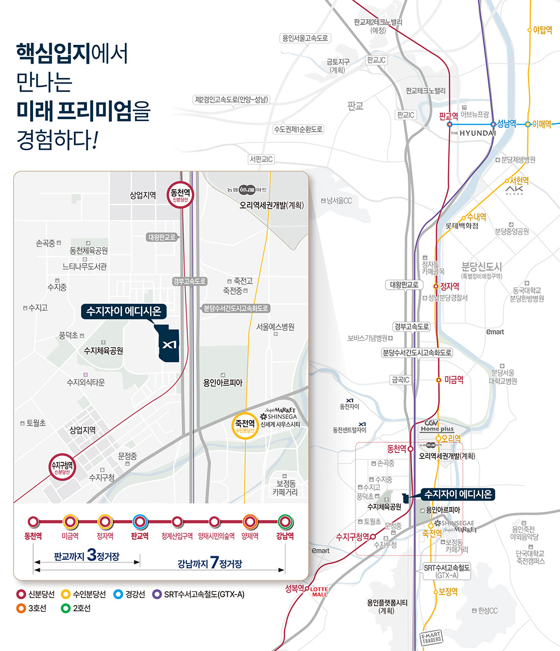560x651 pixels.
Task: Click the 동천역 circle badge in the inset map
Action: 180,195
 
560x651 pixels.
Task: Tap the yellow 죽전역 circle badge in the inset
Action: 245,426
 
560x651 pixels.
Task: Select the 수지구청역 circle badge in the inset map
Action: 62,467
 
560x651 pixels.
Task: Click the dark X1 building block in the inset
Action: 169,344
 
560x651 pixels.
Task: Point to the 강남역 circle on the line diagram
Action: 285,522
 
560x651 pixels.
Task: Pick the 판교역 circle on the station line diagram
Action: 139,522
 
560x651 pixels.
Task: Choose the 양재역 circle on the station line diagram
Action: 250,522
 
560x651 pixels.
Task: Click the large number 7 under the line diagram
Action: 214,562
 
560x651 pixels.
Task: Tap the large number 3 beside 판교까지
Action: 92,554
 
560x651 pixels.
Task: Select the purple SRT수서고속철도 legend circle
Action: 157,594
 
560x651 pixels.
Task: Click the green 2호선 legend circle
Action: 66,608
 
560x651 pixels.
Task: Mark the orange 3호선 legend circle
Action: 21,608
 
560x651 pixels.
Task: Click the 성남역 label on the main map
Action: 507,124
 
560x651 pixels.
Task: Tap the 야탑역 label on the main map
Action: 543,30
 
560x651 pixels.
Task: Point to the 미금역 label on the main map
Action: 454,380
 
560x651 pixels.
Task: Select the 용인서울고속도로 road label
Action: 305,38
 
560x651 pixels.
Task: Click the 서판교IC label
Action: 261,159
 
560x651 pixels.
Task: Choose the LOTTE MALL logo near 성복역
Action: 319,591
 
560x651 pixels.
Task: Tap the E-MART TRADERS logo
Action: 432,637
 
